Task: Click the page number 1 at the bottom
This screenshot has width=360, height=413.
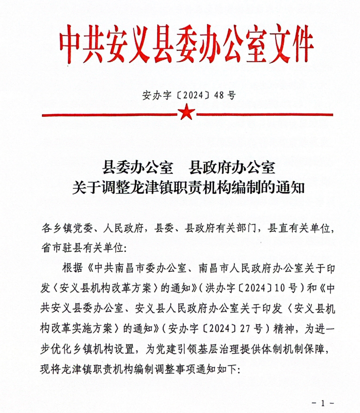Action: click(x=322, y=403)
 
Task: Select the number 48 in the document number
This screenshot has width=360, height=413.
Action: click(x=220, y=95)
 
